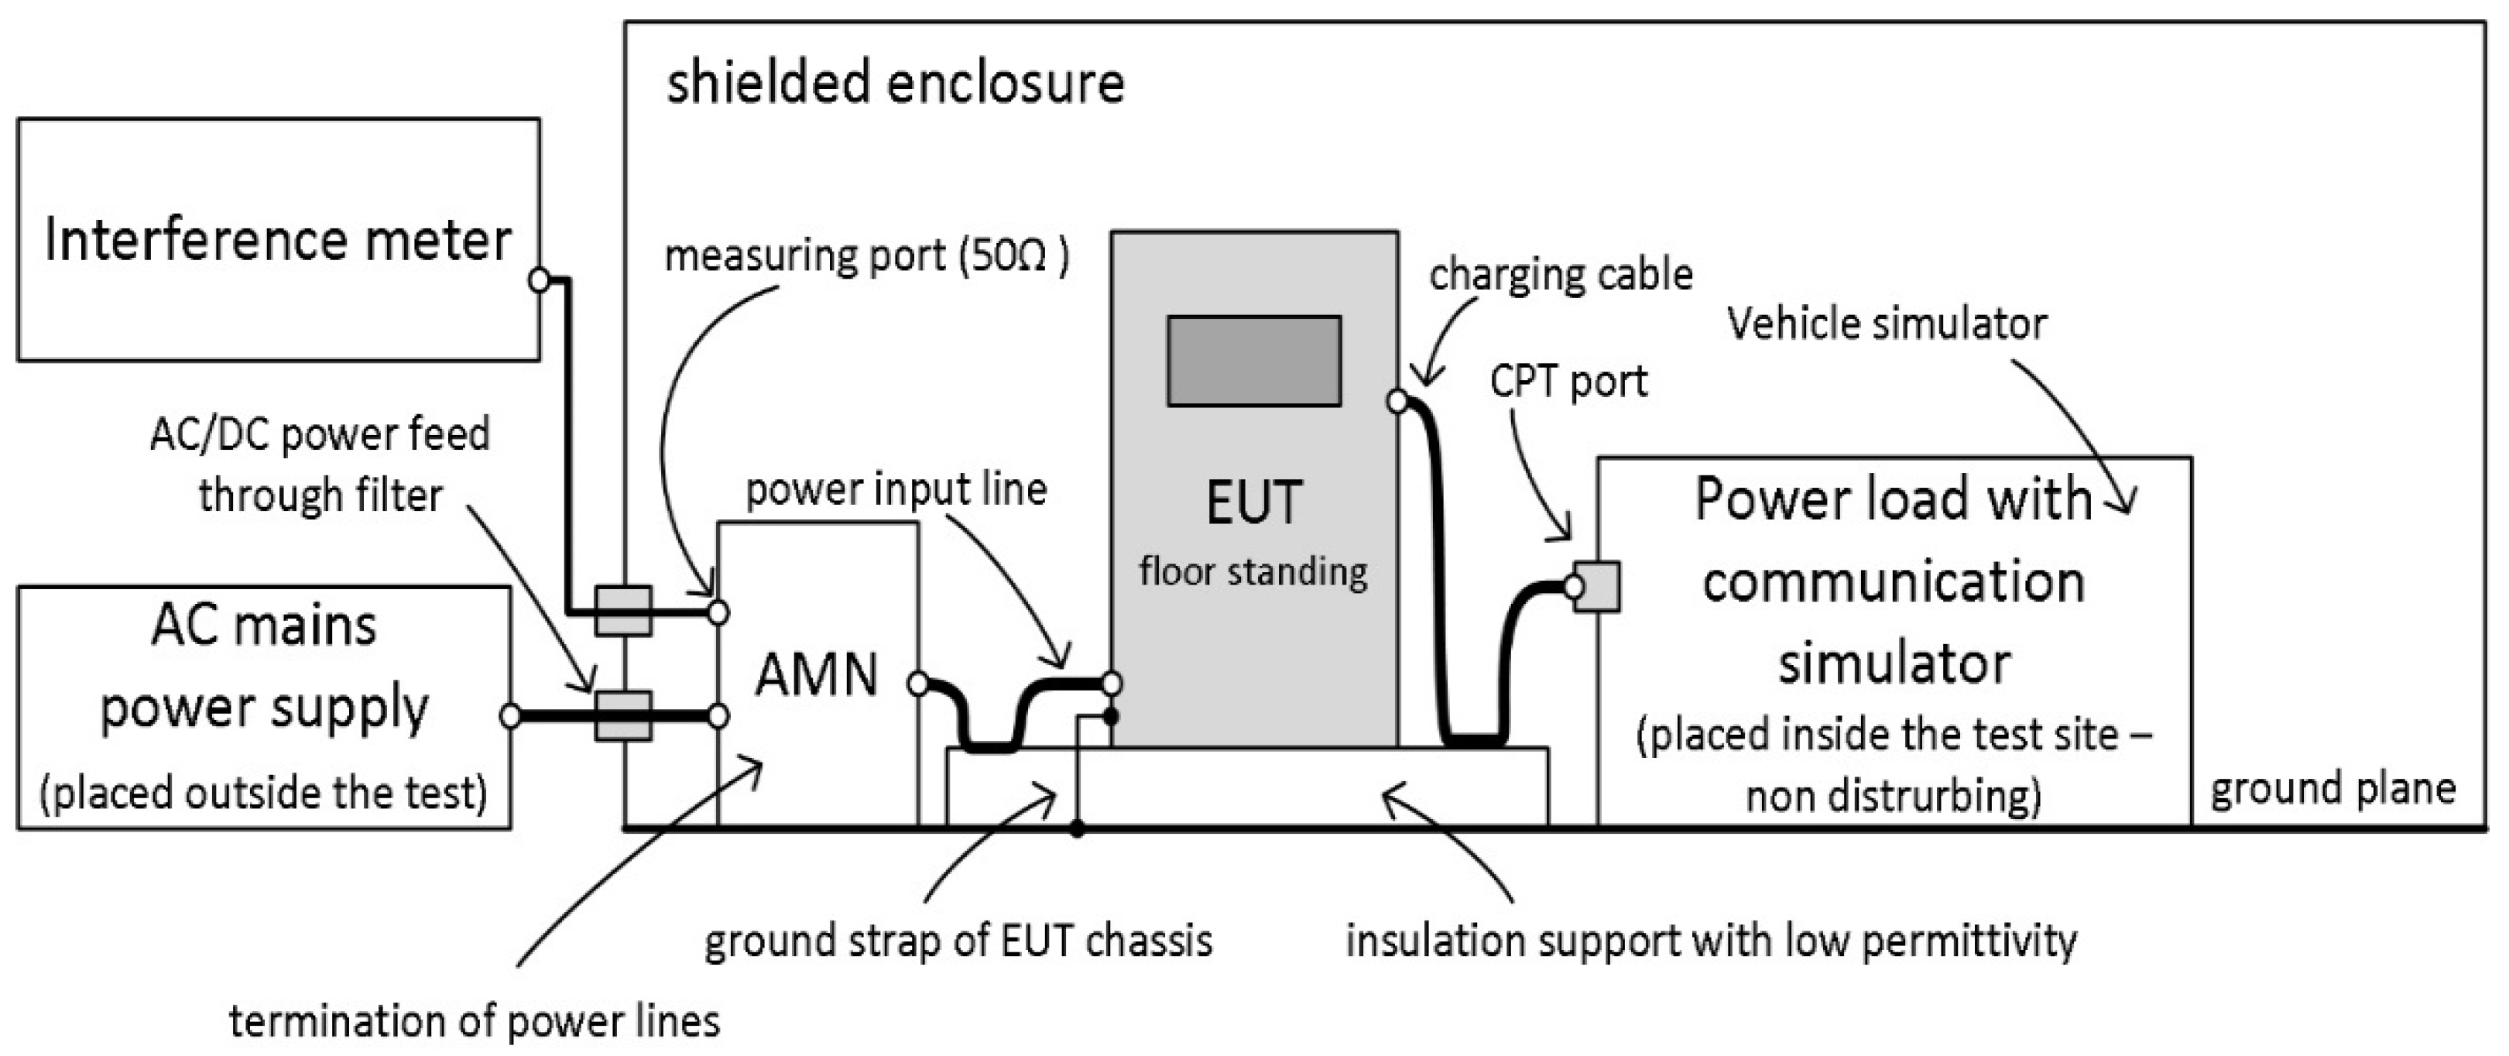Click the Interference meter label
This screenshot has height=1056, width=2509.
coord(278,240)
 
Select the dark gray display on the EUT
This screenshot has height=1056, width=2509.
coord(1254,361)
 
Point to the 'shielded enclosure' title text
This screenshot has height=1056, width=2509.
coord(895,82)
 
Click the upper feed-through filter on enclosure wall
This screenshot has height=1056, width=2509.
coord(622,611)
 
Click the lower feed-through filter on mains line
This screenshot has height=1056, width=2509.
coord(622,716)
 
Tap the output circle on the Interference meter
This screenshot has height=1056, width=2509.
coord(539,280)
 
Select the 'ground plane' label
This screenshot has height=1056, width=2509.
coord(2332,789)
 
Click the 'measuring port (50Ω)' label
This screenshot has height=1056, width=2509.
coord(867,256)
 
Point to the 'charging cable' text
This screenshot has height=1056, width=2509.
coord(1561,275)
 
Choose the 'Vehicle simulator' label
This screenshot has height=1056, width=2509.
coord(1887,324)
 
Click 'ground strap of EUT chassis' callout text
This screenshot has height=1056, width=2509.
coord(958,941)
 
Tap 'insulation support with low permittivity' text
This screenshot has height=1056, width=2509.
coord(1712,941)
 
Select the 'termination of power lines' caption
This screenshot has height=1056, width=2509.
coord(475,1022)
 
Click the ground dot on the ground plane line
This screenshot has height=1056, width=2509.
coord(1078,830)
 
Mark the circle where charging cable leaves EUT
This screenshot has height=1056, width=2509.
coord(1397,400)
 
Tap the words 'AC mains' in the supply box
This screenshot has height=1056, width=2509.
coord(264,626)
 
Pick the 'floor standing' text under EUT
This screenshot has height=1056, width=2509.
coord(1253,571)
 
